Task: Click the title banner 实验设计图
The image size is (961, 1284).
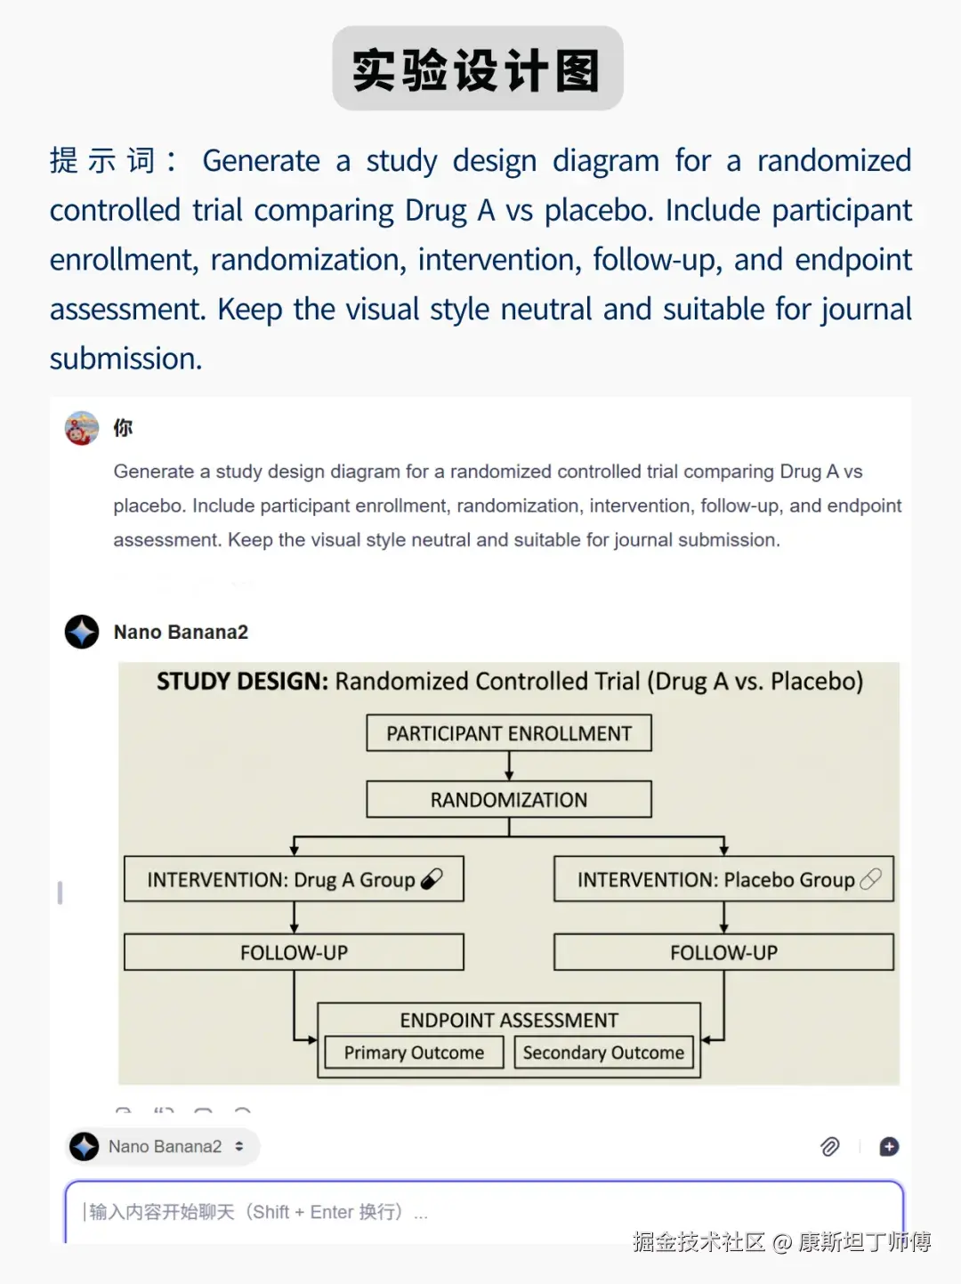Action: tap(478, 69)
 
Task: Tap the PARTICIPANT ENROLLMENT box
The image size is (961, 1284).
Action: tap(508, 733)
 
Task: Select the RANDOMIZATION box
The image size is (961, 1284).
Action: tap(508, 799)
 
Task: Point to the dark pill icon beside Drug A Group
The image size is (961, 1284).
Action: tap(432, 879)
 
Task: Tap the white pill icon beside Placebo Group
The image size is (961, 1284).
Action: tap(870, 879)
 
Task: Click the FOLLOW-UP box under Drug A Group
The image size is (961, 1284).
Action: tap(294, 952)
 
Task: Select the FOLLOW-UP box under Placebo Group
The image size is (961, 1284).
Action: tap(723, 952)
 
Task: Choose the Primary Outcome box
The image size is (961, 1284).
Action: tap(414, 1053)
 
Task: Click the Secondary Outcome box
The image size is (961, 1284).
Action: tap(603, 1053)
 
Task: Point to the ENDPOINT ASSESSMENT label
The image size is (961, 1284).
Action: tap(508, 1020)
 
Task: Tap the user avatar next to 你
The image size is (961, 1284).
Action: tap(82, 428)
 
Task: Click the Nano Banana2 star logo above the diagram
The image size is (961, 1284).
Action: tap(82, 632)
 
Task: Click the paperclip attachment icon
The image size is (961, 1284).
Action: tap(829, 1147)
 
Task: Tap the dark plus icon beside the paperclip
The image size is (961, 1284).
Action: tap(889, 1147)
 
